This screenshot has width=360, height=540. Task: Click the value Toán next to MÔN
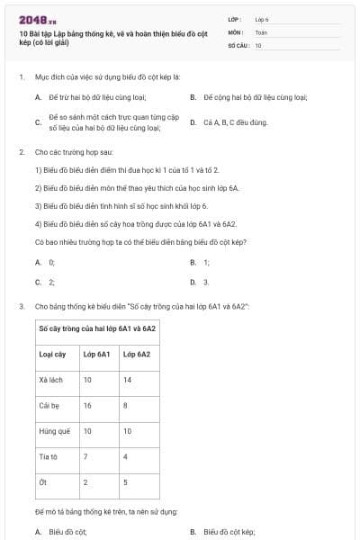point(261,31)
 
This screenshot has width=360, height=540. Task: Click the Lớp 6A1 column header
point(96,354)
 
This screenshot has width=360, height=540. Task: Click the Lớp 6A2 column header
point(137,354)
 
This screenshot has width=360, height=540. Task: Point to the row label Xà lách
point(49,380)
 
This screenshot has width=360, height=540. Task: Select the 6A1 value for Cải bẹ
point(87,406)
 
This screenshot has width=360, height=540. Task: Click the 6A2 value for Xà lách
point(128,380)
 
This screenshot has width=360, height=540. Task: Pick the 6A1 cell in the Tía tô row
point(85,456)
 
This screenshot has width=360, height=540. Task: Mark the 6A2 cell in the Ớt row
point(126,482)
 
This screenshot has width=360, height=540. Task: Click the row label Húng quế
point(53,431)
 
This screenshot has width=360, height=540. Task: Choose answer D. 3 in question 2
point(200,282)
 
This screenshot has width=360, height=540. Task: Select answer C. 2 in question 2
point(45,282)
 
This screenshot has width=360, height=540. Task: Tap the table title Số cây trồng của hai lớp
point(97,328)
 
